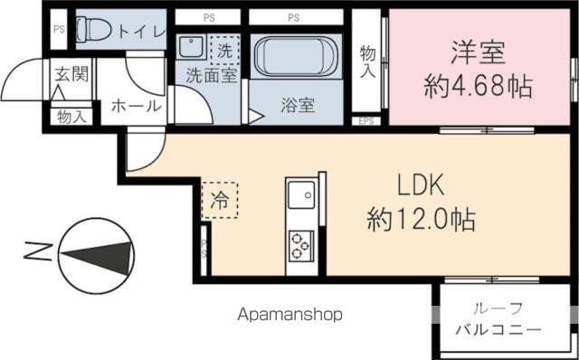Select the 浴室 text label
[297, 104]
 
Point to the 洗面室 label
[212, 76]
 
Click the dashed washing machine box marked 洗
[224, 49]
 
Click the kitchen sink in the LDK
[299, 193]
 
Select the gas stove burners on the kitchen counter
[300, 242]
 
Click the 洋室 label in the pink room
[478, 51]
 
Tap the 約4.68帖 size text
[478, 87]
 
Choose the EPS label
[366, 120]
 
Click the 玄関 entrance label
[71, 75]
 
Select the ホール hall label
[136, 106]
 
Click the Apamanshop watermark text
[290, 315]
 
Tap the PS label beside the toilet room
[59, 29]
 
